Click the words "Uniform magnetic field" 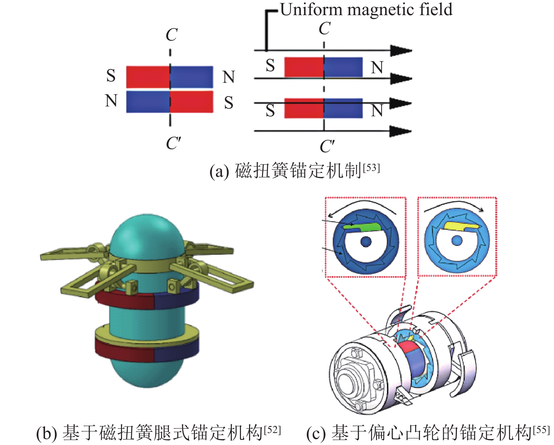click(366, 10)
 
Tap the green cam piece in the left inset click(362, 227)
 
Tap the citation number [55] click(541, 429)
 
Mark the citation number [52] click(272, 429)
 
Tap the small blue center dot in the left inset click(366, 242)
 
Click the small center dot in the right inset click(457, 241)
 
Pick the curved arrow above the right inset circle click(454, 205)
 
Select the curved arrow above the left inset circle click(362, 205)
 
